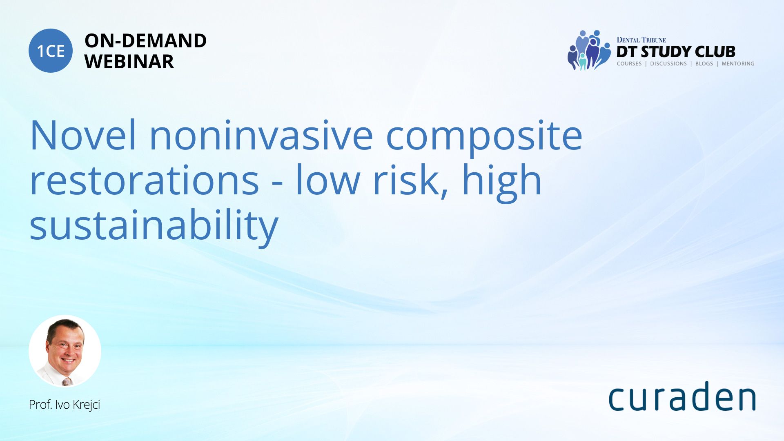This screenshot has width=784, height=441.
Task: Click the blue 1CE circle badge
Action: pos(51,51)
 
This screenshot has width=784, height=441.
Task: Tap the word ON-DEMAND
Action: pos(145,41)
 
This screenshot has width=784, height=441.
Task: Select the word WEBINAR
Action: pos(129,62)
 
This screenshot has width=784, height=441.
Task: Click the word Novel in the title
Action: pos(83,135)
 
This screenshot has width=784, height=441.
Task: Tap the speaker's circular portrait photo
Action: pos(65,351)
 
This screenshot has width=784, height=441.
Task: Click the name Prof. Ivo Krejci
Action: pos(65,405)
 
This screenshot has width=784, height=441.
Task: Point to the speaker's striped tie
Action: pos(67,382)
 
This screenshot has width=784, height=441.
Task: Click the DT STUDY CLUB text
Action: pos(676,52)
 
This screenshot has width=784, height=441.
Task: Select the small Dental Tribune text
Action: pos(641,40)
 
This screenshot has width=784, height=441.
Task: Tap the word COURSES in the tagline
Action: pos(629,64)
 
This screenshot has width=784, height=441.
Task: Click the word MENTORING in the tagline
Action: pos(738,64)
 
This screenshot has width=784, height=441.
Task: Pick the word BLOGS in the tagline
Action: pos(704,64)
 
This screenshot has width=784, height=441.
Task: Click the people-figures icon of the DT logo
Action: pos(589,50)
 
